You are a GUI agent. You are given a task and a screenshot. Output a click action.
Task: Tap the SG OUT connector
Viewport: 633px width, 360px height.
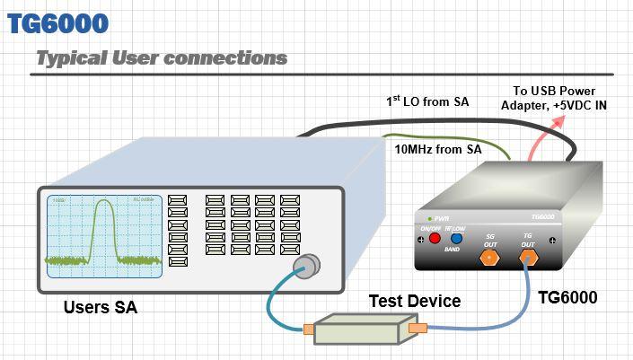click(x=489, y=259)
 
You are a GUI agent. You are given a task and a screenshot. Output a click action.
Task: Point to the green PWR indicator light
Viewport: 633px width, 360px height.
click(x=429, y=219)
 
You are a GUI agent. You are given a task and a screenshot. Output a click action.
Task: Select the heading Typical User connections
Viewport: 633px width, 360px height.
click(x=162, y=58)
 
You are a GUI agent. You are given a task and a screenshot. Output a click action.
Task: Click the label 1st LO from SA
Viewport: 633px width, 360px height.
click(x=427, y=102)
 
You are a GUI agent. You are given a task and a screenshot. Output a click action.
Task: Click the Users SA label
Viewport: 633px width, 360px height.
click(x=100, y=308)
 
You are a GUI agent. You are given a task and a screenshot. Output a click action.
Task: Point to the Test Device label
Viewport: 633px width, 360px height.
click(x=415, y=301)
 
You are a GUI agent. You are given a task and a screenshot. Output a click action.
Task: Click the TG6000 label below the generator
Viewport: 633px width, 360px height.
click(x=567, y=297)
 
